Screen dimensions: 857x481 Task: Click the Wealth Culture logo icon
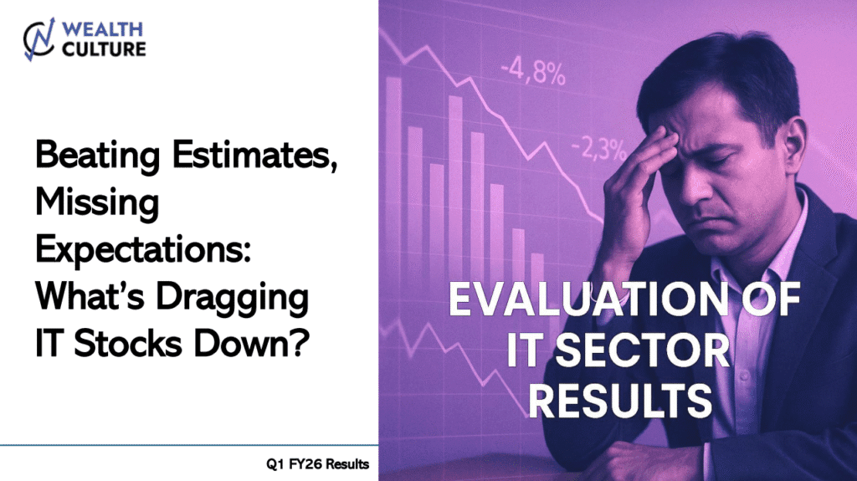click(39, 39)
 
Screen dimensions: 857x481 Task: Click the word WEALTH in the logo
click(102, 29)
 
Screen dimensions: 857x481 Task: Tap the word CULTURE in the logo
click(104, 49)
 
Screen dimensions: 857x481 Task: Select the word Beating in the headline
click(98, 156)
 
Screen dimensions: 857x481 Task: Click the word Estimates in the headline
click(254, 155)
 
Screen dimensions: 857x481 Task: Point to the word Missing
click(97, 202)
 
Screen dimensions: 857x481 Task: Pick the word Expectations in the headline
click(143, 250)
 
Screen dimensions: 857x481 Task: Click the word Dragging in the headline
click(233, 298)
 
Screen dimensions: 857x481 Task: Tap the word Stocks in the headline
click(127, 345)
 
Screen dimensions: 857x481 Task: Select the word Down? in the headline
click(252, 345)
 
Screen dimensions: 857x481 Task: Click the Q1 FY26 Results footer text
click(317, 464)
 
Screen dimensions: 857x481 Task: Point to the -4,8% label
click(533, 72)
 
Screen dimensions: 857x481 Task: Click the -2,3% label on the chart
click(598, 149)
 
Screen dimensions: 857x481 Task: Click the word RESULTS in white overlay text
click(620, 402)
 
